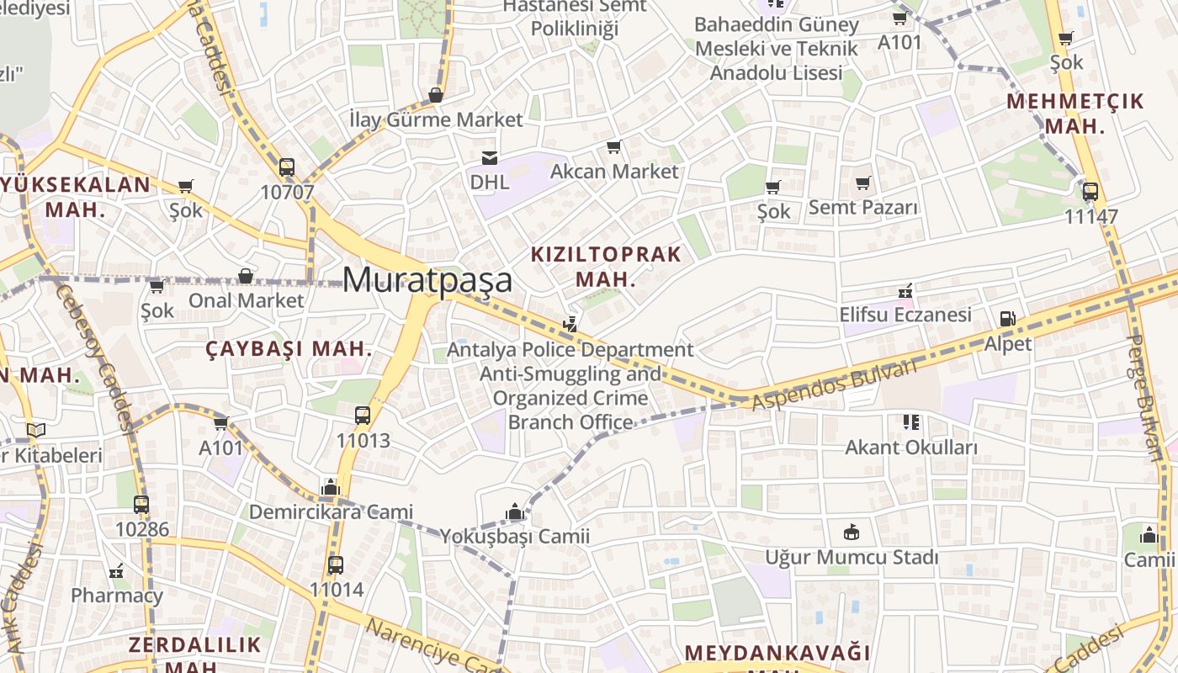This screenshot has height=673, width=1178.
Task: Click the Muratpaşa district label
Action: point(427,279)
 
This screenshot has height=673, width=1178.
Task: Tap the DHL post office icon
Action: point(489,157)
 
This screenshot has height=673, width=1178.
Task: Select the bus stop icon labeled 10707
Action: point(287,167)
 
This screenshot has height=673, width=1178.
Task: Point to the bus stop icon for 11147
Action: point(1090,192)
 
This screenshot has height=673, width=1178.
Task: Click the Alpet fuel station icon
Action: point(1007,319)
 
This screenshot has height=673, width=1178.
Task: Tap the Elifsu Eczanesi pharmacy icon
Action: point(905,291)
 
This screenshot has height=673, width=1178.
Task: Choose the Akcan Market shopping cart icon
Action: point(613,147)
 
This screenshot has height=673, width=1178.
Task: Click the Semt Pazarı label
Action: point(863,207)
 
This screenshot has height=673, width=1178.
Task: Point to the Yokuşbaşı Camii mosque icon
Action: point(514,511)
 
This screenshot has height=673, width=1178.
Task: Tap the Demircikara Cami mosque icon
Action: point(330,487)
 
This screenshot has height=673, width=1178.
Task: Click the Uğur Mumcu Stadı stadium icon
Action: point(851,533)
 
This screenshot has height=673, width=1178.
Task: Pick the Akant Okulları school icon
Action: point(911,422)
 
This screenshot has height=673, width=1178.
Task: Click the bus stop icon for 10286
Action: point(141,505)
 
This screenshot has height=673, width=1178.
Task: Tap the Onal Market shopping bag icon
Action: point(246,276)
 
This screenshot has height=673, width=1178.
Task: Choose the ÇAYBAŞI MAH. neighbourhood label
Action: point(289,349)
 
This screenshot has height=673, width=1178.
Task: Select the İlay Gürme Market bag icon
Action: point(436,95)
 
